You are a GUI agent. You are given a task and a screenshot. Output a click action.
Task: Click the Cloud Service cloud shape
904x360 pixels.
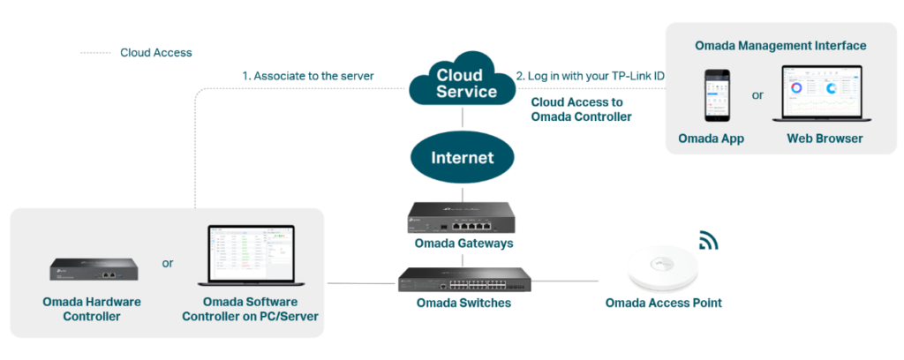pyautogui.click(x=461, y=81)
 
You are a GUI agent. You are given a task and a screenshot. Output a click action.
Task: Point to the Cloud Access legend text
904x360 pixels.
pyautogui.click(x=155, y=52)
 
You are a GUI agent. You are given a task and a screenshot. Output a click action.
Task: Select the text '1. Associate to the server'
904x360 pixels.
pyautogui.click(x=308, y=76)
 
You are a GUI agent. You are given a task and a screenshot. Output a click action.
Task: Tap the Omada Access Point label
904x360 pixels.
pyautogui.click(x=663, y=304)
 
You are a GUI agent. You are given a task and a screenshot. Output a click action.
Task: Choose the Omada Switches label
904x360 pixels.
pyautogui.click(x=463, y=304)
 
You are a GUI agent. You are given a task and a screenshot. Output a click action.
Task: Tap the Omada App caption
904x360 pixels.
pyautogui.click(x=711, y=139)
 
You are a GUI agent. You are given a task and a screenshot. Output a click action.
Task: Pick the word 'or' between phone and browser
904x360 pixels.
pyautogui.click(x=757, y=94)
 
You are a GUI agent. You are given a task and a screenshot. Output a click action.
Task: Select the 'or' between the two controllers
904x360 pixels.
pyautogui.click(x=168, y=263)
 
